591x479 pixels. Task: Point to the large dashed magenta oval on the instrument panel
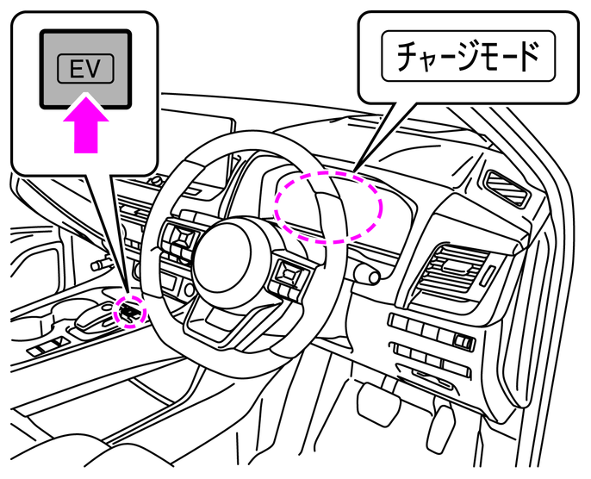(327, 206)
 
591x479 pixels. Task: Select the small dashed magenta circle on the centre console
(129, 309)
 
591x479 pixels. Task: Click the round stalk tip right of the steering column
(369, 276)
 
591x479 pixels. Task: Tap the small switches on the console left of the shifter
(43, 348)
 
